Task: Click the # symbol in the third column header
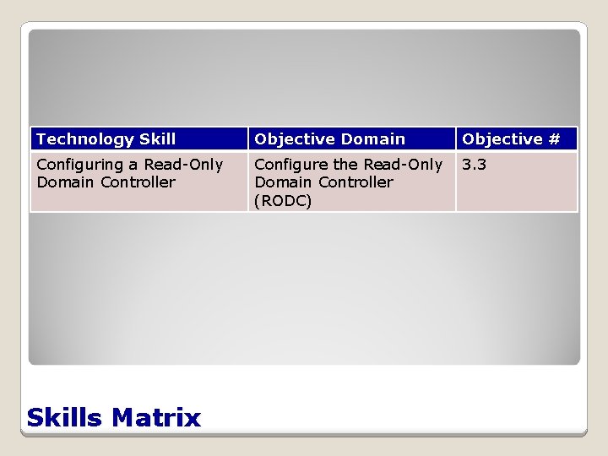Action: click(x=553, y=139)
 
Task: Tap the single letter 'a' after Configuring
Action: click(x=138, y=165)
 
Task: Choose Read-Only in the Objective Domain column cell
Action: click(x=404, y=165)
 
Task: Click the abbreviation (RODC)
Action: click(x=283, y=201)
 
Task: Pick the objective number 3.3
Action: click(x=474, y=165)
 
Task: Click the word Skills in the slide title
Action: click(x=65, y=417)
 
